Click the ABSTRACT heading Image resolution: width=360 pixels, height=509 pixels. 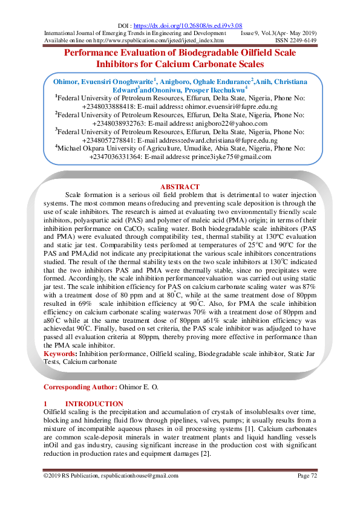tap(180, 187)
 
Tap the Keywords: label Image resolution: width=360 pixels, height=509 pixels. tap(61, 352)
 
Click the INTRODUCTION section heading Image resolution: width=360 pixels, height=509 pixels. tap(94, 404)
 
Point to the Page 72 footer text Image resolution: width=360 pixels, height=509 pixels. tap(307, 477)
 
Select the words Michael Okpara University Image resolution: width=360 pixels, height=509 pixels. tap(99, 148)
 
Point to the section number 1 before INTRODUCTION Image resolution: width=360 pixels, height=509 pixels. tap(46, 404)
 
